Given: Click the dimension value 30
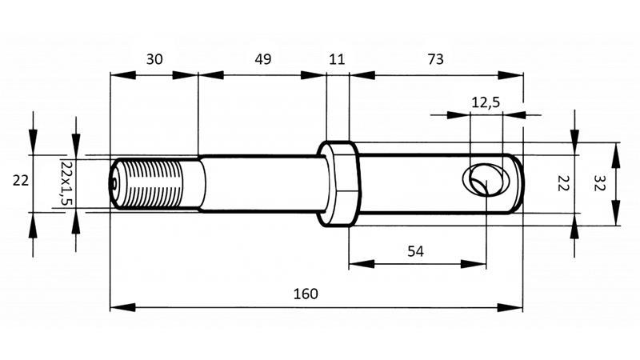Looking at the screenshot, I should (154, 59).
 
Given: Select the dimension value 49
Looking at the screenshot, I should (262, 59).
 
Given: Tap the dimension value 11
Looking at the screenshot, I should (337, 59).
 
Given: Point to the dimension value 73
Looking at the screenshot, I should (435, 59).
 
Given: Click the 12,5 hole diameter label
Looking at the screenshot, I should (486, 102).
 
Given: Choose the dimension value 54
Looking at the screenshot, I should (416, 250).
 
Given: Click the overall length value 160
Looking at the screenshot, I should (306, 294).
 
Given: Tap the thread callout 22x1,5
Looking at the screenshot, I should (66, 182).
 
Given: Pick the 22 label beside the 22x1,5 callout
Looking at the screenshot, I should (21, 181).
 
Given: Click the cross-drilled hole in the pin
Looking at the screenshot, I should (482, 179).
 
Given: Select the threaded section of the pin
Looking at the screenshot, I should (156, 183).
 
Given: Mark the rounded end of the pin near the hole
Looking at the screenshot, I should (518, 183).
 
